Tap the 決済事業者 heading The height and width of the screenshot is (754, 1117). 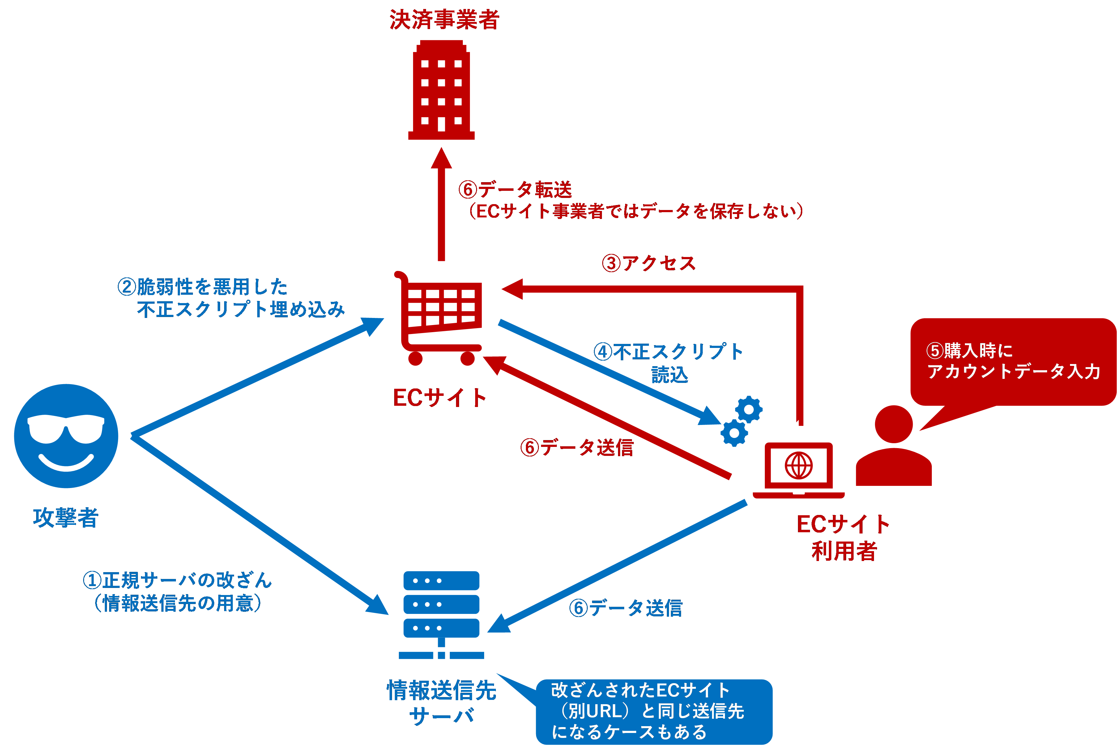coord(444,20)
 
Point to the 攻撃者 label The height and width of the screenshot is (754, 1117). coord(66,518)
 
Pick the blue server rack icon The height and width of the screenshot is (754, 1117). coord(441,614)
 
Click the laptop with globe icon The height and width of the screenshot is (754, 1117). coord(798,469)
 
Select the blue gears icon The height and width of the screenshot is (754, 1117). coord(741,421)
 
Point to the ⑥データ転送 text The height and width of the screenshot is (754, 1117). coord(515,190)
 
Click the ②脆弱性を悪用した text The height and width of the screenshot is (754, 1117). coord(203,287)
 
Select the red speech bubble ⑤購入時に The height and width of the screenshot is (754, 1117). coord(1013,362)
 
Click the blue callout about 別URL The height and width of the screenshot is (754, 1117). coord(654,711)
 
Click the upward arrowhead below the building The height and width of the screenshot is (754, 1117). coord(441,159)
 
